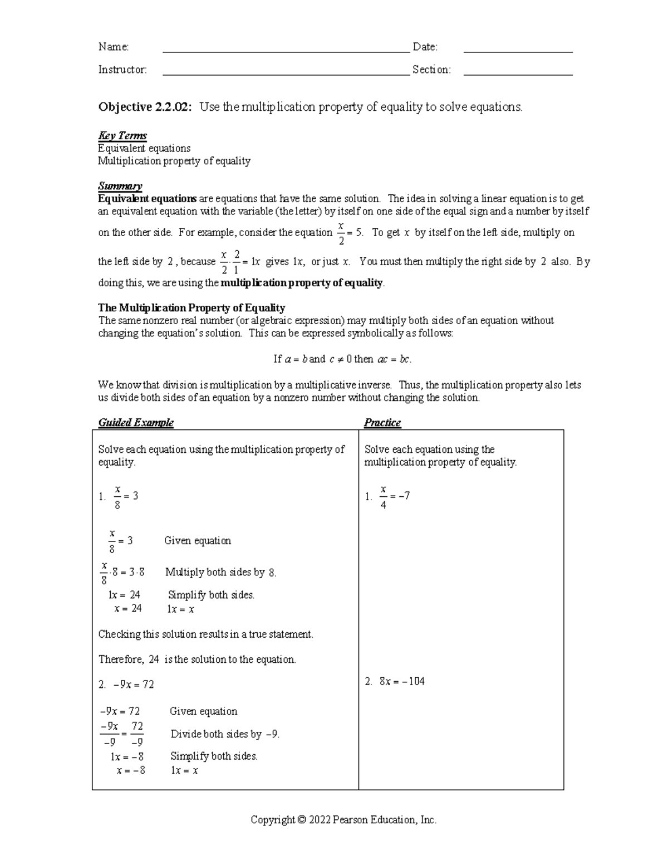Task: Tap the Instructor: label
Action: (x=122, y=70)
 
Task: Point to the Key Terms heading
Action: (x=122, y=135)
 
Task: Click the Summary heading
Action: (x=120, y=185)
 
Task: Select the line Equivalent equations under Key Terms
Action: (x=144, y=148)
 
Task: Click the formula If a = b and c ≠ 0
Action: (x=342, y=359)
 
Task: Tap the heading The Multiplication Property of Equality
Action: (x=191, y=307)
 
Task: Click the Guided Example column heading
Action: (x=136, y=423)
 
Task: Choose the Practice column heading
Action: (x=382, y=423)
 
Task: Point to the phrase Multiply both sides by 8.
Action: (x=220, y=573)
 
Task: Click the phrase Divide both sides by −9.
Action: (x=225, y=734)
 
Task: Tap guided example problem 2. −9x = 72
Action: (x=126, y=685)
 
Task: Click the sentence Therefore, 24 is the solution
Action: (x=197, y=659)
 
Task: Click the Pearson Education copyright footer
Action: (x=343, y=820)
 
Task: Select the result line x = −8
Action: (x=131, y=771)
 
